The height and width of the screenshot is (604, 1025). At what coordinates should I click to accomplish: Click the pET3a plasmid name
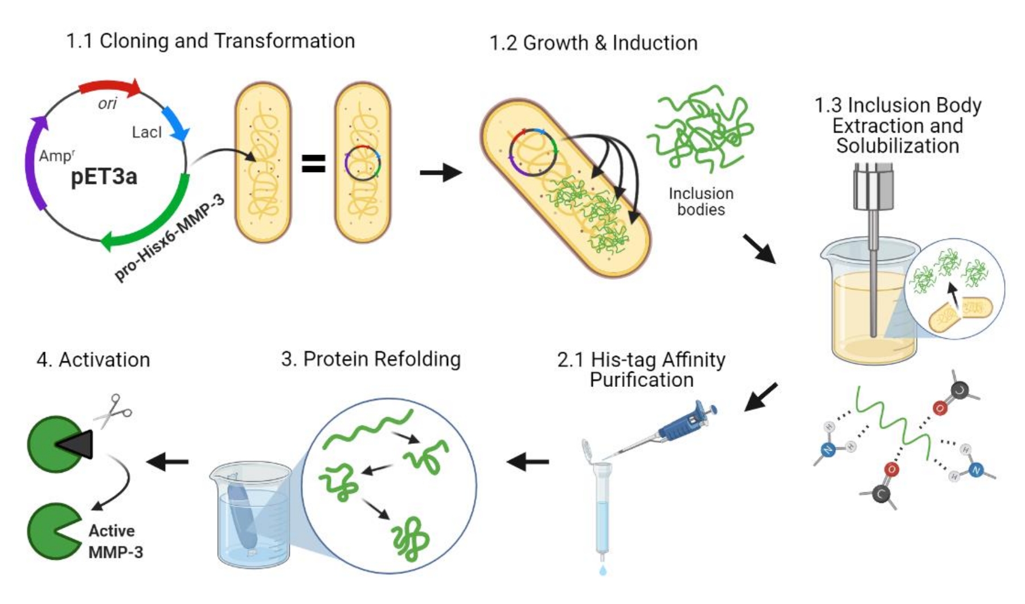104,177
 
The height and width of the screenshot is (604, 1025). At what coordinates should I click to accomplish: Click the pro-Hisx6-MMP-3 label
170,238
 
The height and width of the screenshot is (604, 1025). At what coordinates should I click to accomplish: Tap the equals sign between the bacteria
313,164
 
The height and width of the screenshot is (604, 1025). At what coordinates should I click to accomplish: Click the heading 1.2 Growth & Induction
593,43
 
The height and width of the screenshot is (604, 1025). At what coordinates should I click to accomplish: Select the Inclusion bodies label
701,202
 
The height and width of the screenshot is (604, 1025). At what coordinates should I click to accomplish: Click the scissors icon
114,410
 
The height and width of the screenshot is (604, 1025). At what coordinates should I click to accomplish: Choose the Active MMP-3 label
116,541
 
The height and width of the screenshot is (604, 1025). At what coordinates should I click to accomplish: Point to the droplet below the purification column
602,569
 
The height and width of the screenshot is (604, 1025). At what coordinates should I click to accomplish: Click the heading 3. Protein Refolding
371,359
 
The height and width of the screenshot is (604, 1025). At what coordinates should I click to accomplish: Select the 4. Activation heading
93,360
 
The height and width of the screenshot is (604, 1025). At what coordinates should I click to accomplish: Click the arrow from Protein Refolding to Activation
168,462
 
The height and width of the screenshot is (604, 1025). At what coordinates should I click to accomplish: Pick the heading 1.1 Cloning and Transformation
211,41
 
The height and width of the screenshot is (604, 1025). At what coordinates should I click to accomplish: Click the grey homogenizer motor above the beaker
873,185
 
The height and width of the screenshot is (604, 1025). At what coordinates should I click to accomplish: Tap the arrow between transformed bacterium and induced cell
440,172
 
